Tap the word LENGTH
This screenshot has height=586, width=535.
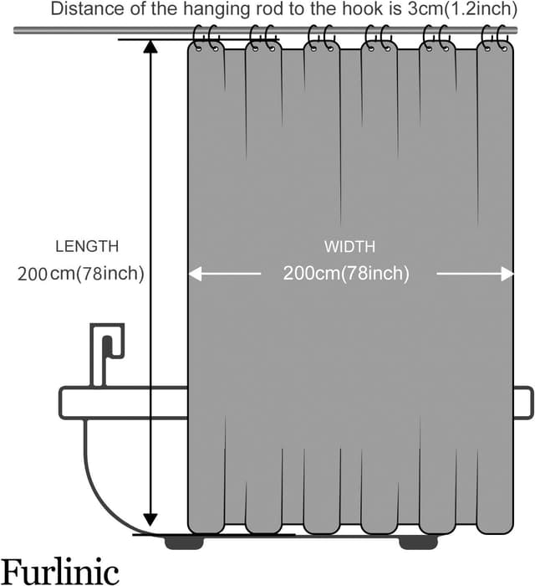[87, 247]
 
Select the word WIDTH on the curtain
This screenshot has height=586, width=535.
[349, 247]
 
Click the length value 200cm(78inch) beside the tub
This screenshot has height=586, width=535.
[81, 274]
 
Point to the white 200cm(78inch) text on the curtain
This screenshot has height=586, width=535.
[346, 274]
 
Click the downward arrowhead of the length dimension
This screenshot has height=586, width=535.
[150, 518]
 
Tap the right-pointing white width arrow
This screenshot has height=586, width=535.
[504, 274]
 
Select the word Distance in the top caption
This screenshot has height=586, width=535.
[81, 10]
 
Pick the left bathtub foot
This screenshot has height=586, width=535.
[184, 542]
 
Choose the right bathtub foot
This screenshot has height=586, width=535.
[418, 542]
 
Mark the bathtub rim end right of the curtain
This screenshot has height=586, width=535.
[523, 403]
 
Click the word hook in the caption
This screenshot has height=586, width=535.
[359, 10]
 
